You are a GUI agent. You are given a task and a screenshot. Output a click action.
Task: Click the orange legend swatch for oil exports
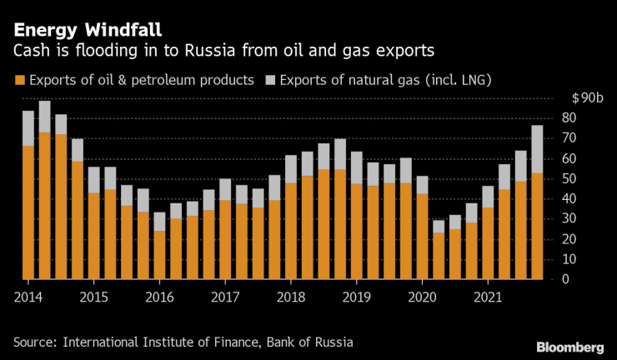click(x=18, y=81)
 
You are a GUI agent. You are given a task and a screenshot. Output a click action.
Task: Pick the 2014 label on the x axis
click(x=28, y=296)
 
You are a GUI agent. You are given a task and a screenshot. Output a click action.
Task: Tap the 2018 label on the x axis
click(x=289, y=296)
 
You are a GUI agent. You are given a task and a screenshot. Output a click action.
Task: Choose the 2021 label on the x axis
click(x=487, y=296)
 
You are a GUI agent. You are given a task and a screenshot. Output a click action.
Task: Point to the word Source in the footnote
click(x=35, y=341)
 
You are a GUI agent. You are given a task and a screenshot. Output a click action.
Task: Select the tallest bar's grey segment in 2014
click(x=44, y=117)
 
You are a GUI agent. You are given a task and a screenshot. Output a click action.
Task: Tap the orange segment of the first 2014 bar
click(x=28, y=212)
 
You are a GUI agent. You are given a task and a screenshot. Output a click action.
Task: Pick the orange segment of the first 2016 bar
click(x=159, y=254)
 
